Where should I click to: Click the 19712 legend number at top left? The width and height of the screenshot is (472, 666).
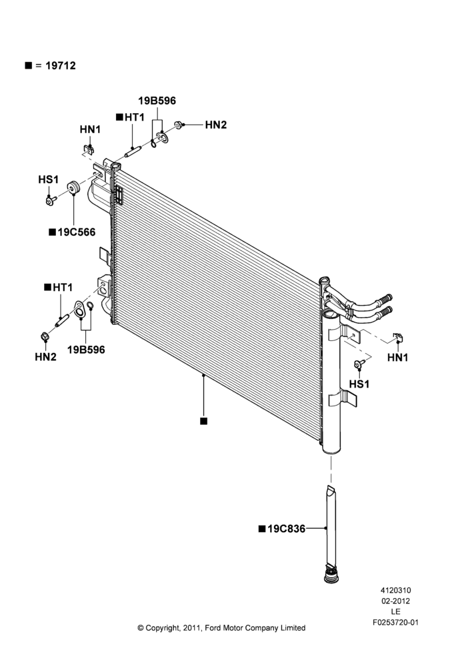61,65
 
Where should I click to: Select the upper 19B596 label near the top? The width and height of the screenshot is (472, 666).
157,101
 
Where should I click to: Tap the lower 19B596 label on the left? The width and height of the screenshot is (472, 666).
86,350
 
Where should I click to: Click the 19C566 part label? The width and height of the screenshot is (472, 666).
77,232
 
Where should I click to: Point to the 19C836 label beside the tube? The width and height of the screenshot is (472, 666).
286,529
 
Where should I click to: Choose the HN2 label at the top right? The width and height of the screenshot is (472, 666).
216,125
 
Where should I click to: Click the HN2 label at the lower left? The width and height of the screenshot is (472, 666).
45,357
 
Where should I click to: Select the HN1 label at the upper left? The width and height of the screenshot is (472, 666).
90,129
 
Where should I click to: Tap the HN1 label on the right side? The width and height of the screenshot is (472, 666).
397,358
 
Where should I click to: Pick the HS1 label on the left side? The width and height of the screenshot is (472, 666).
49,180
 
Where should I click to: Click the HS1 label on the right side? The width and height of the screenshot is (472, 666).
359,384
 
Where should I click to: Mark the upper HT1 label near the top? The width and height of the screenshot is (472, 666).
135,117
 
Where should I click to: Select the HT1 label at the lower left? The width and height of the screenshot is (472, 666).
63,288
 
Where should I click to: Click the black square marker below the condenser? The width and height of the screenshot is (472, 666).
204,421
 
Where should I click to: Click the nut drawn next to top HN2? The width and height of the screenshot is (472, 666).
179,125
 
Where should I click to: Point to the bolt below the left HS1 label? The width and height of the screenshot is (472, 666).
51,200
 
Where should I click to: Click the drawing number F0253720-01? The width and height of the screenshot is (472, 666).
395,622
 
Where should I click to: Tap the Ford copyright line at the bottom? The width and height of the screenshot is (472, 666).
221,628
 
